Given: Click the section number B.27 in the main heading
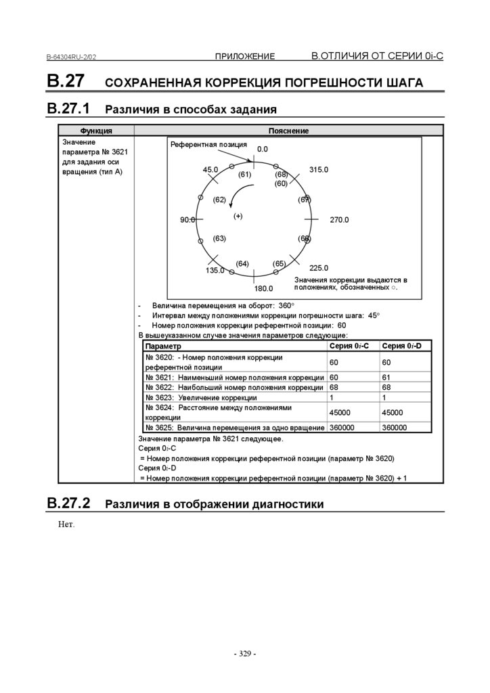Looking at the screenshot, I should pyautogui.click(x=66, y=81).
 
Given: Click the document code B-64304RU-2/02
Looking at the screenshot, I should pyautogui.click(x=75, y=58).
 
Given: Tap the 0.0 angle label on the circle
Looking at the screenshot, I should pyautogui.click(x=263, y=149).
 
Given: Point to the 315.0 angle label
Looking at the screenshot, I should pyautogui.click(x=318, y=170).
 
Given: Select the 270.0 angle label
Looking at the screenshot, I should pyautogui.click(x=339, y=220).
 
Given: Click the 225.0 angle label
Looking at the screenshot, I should pyautogui.click(x=318, y=268).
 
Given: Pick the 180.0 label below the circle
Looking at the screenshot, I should pyautogui.click(x=263, y=288).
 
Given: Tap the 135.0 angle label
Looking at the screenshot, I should pyautogui.click(x=215, y=270).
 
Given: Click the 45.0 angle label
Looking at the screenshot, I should pyautogui.click(x=210, y=170).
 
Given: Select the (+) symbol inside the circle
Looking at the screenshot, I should pyautogui.click(x=238, y=216).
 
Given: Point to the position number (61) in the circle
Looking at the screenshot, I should pyautogui.click(x=244, y=175).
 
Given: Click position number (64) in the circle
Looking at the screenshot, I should pyautogui.click(x=242, y=263).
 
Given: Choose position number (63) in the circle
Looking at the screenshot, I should pyautogui.click(x=219, y=238).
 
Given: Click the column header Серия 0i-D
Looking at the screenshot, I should pyautogui.click(x=401, y=346).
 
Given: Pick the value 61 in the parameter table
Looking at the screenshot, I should pyautogui.click(x=386, y=377).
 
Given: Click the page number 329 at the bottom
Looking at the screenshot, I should pyautogui.click(x=244, y=654).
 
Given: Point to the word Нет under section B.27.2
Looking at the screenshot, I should pyautogui.click(x=65, y=524).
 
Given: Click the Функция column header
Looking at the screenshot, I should pyautogui.click(x=96, y=131).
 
